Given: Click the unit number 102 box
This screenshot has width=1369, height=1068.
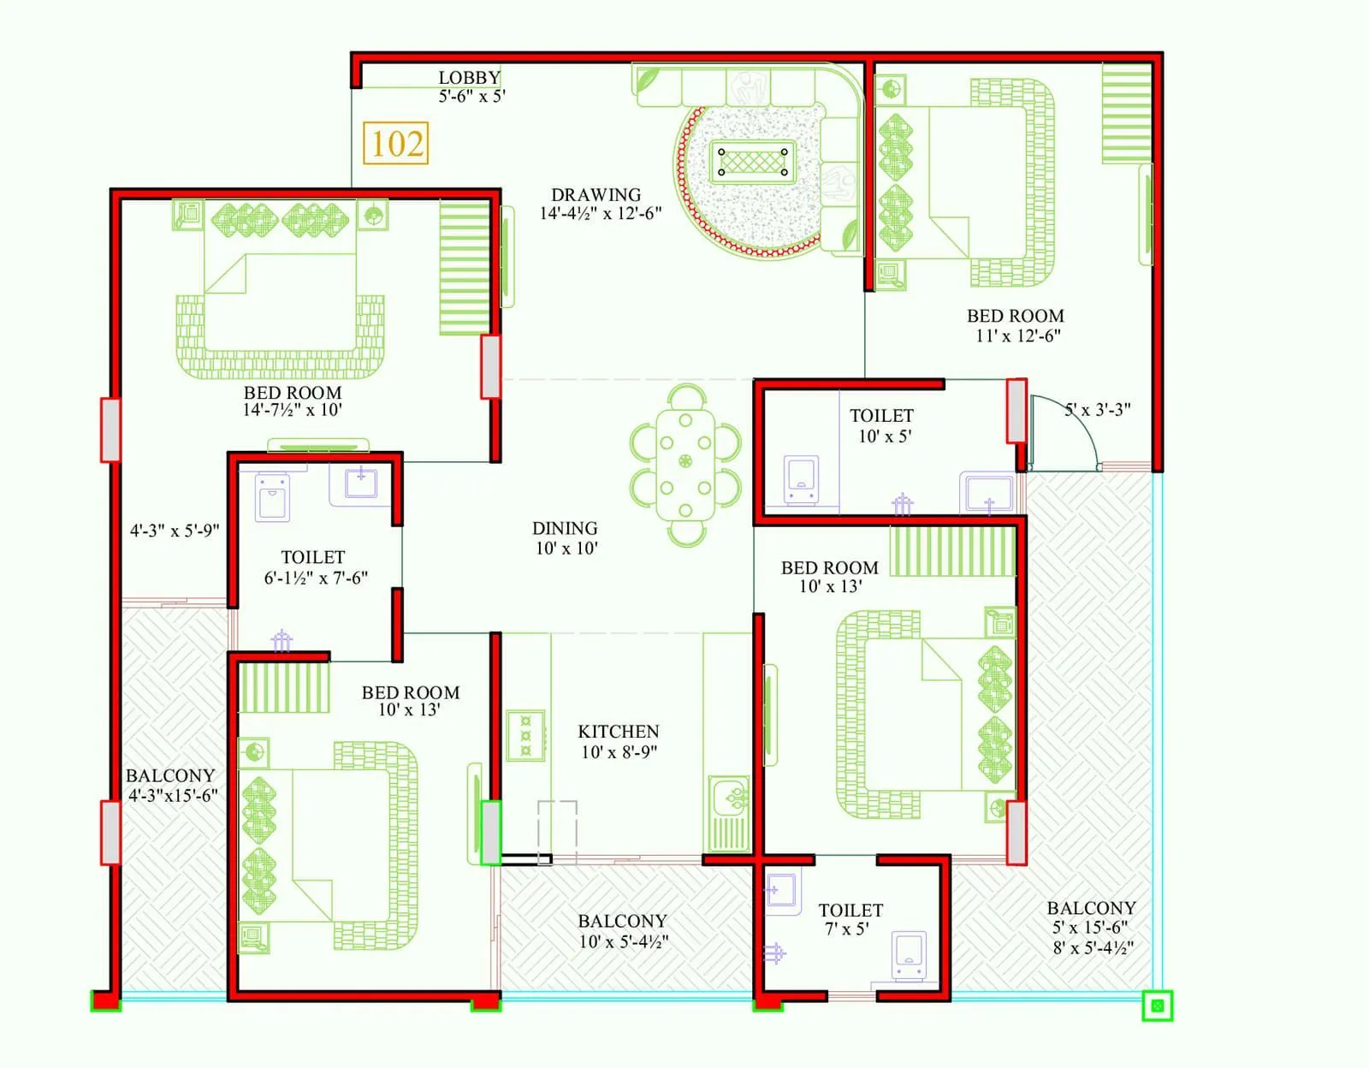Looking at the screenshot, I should (396, 143).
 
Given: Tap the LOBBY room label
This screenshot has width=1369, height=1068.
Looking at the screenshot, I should (469, 78).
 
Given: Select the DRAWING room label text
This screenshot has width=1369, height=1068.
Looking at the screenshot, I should (596, 195).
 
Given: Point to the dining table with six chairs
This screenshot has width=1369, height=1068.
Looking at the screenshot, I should (684, 464).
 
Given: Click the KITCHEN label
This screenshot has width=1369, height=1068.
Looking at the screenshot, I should (618, 732).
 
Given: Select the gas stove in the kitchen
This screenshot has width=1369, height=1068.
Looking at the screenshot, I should (525, 735).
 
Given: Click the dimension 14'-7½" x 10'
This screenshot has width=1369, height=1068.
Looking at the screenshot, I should (292, 410).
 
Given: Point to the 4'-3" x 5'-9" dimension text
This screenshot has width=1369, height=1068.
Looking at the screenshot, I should (175, 531).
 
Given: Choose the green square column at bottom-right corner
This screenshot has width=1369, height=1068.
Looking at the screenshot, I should (1157, 1006).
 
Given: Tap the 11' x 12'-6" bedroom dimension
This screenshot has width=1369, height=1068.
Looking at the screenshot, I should (1017, 335).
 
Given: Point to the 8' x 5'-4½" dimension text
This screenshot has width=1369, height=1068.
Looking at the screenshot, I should (1093, 947).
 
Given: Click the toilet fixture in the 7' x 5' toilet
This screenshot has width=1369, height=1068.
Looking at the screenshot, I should (908, 955).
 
